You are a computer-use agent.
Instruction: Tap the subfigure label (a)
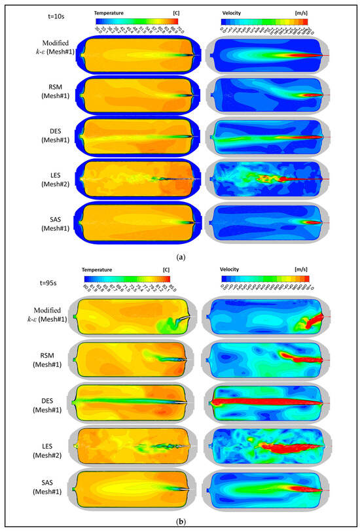click(180, 258)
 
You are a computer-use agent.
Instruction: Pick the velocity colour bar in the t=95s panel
click(265, 277)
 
